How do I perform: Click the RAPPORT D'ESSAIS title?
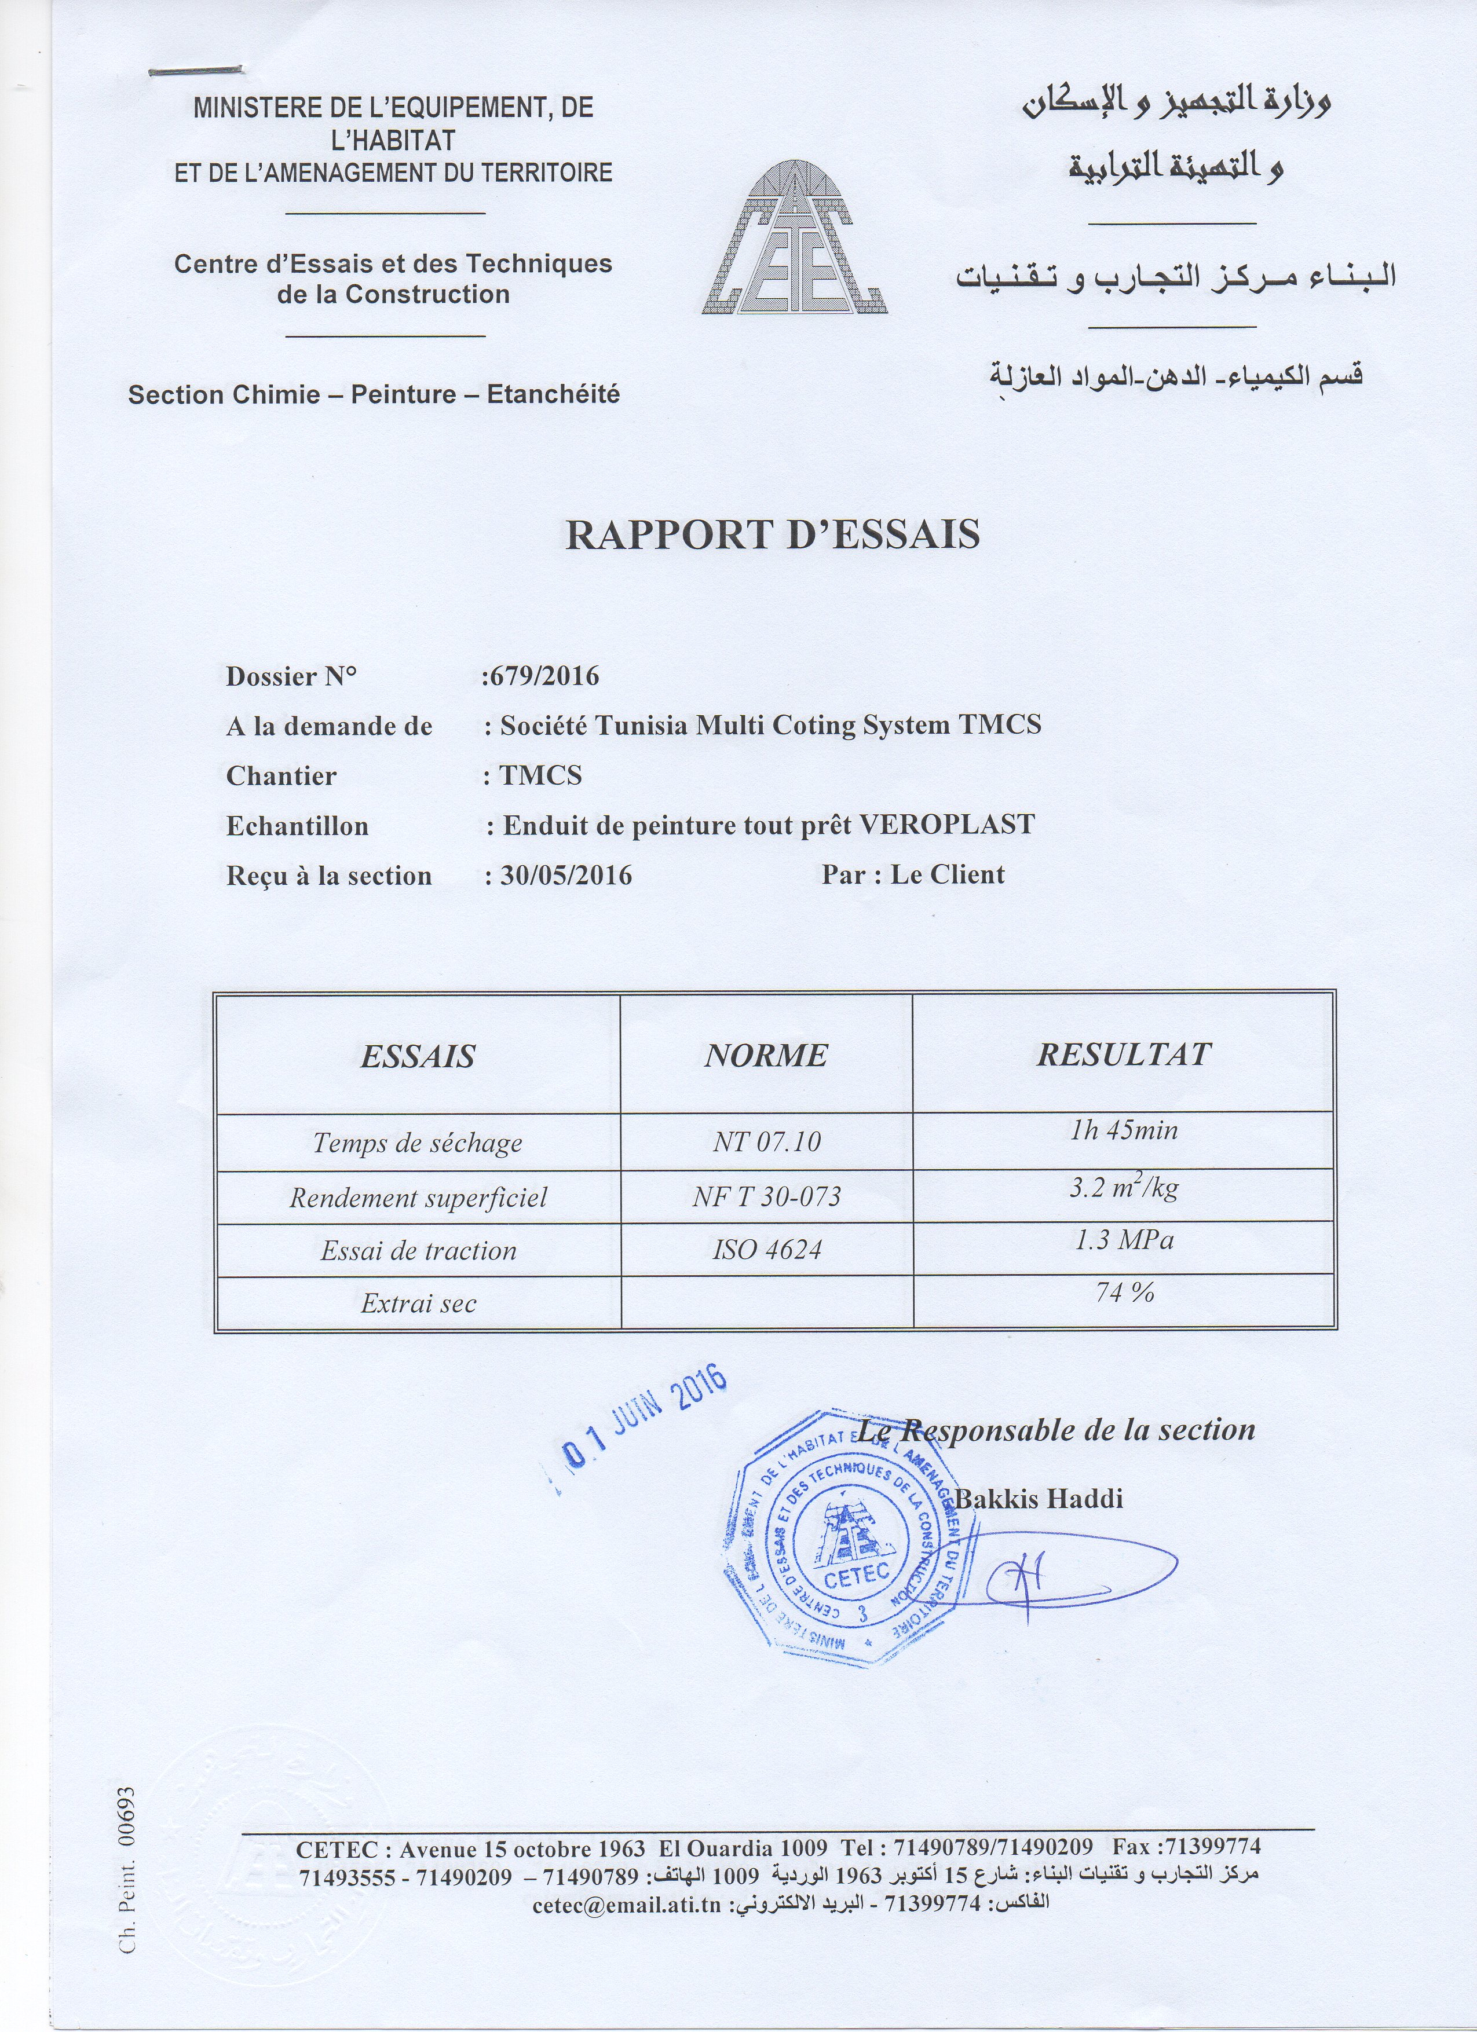(x=773, y=535)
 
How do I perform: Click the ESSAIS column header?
(x=418, y=1056)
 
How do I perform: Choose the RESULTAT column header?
(x=1124, y=1055)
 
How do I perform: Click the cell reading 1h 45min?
(x=1124, y=1131)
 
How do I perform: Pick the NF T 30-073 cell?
(x=766, y=1197)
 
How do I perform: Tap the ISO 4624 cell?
(x=766, y=1250)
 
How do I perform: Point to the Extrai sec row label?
(x=419, y=1304)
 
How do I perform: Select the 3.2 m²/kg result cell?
(x=1124, y=1189)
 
